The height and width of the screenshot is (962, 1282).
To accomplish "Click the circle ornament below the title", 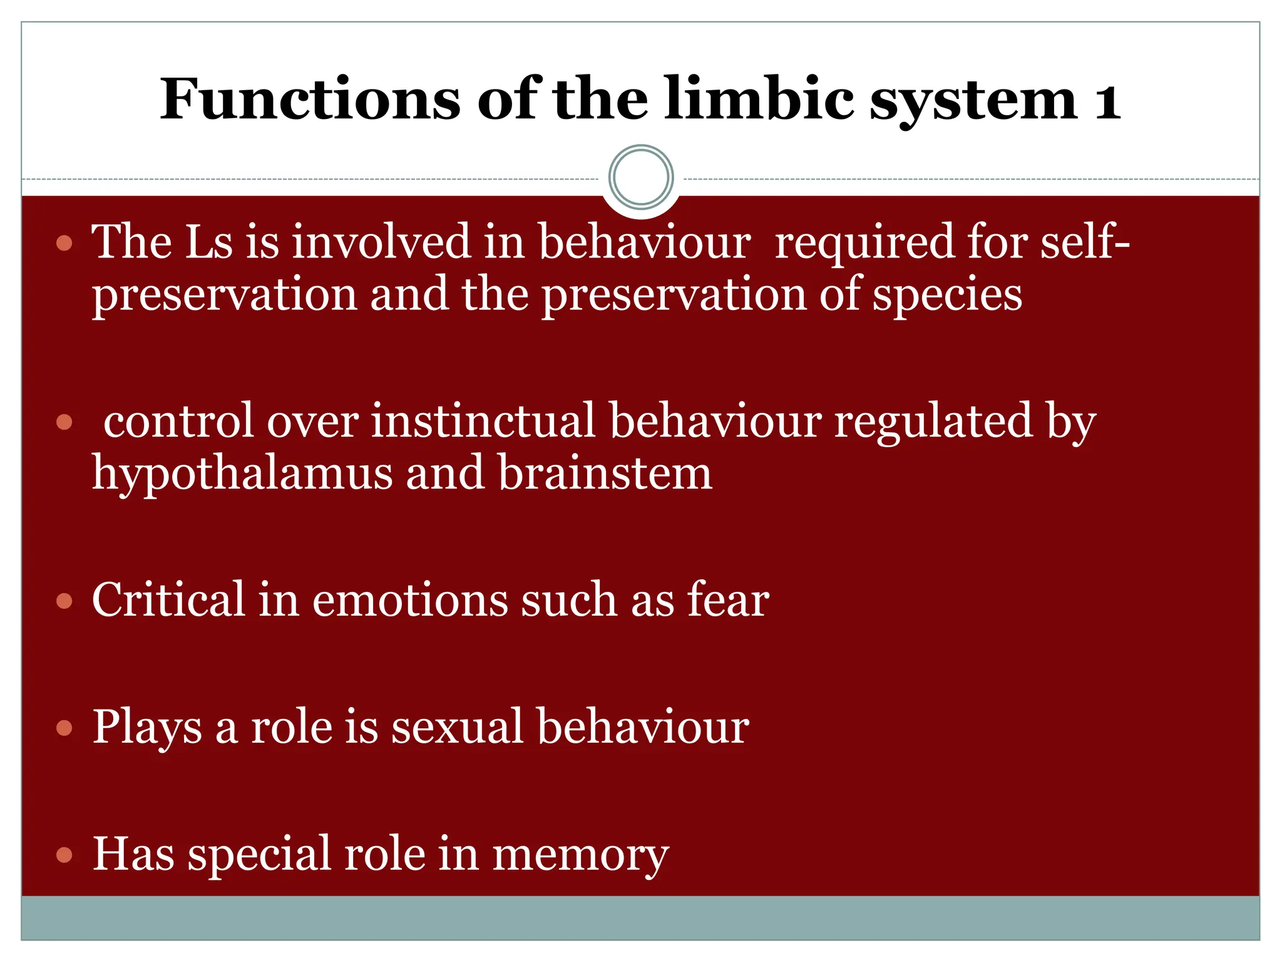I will (641, 177).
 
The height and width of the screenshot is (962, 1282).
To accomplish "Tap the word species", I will (947, 296).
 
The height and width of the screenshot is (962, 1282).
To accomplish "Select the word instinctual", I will (483, 421).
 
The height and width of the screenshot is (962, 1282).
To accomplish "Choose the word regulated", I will (933, 421).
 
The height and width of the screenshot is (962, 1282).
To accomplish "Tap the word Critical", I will (168, 600).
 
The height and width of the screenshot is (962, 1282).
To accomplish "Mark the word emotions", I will (410, 600).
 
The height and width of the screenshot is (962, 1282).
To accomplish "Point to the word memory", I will (580, 855).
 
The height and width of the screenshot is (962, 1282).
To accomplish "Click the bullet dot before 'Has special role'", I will (64, 855).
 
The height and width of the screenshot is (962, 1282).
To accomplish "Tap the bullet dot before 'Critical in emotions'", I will (64, 602).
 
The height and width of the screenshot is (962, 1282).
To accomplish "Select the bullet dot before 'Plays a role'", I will (64, 728).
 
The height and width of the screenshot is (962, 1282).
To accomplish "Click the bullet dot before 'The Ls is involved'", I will (64, 243).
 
